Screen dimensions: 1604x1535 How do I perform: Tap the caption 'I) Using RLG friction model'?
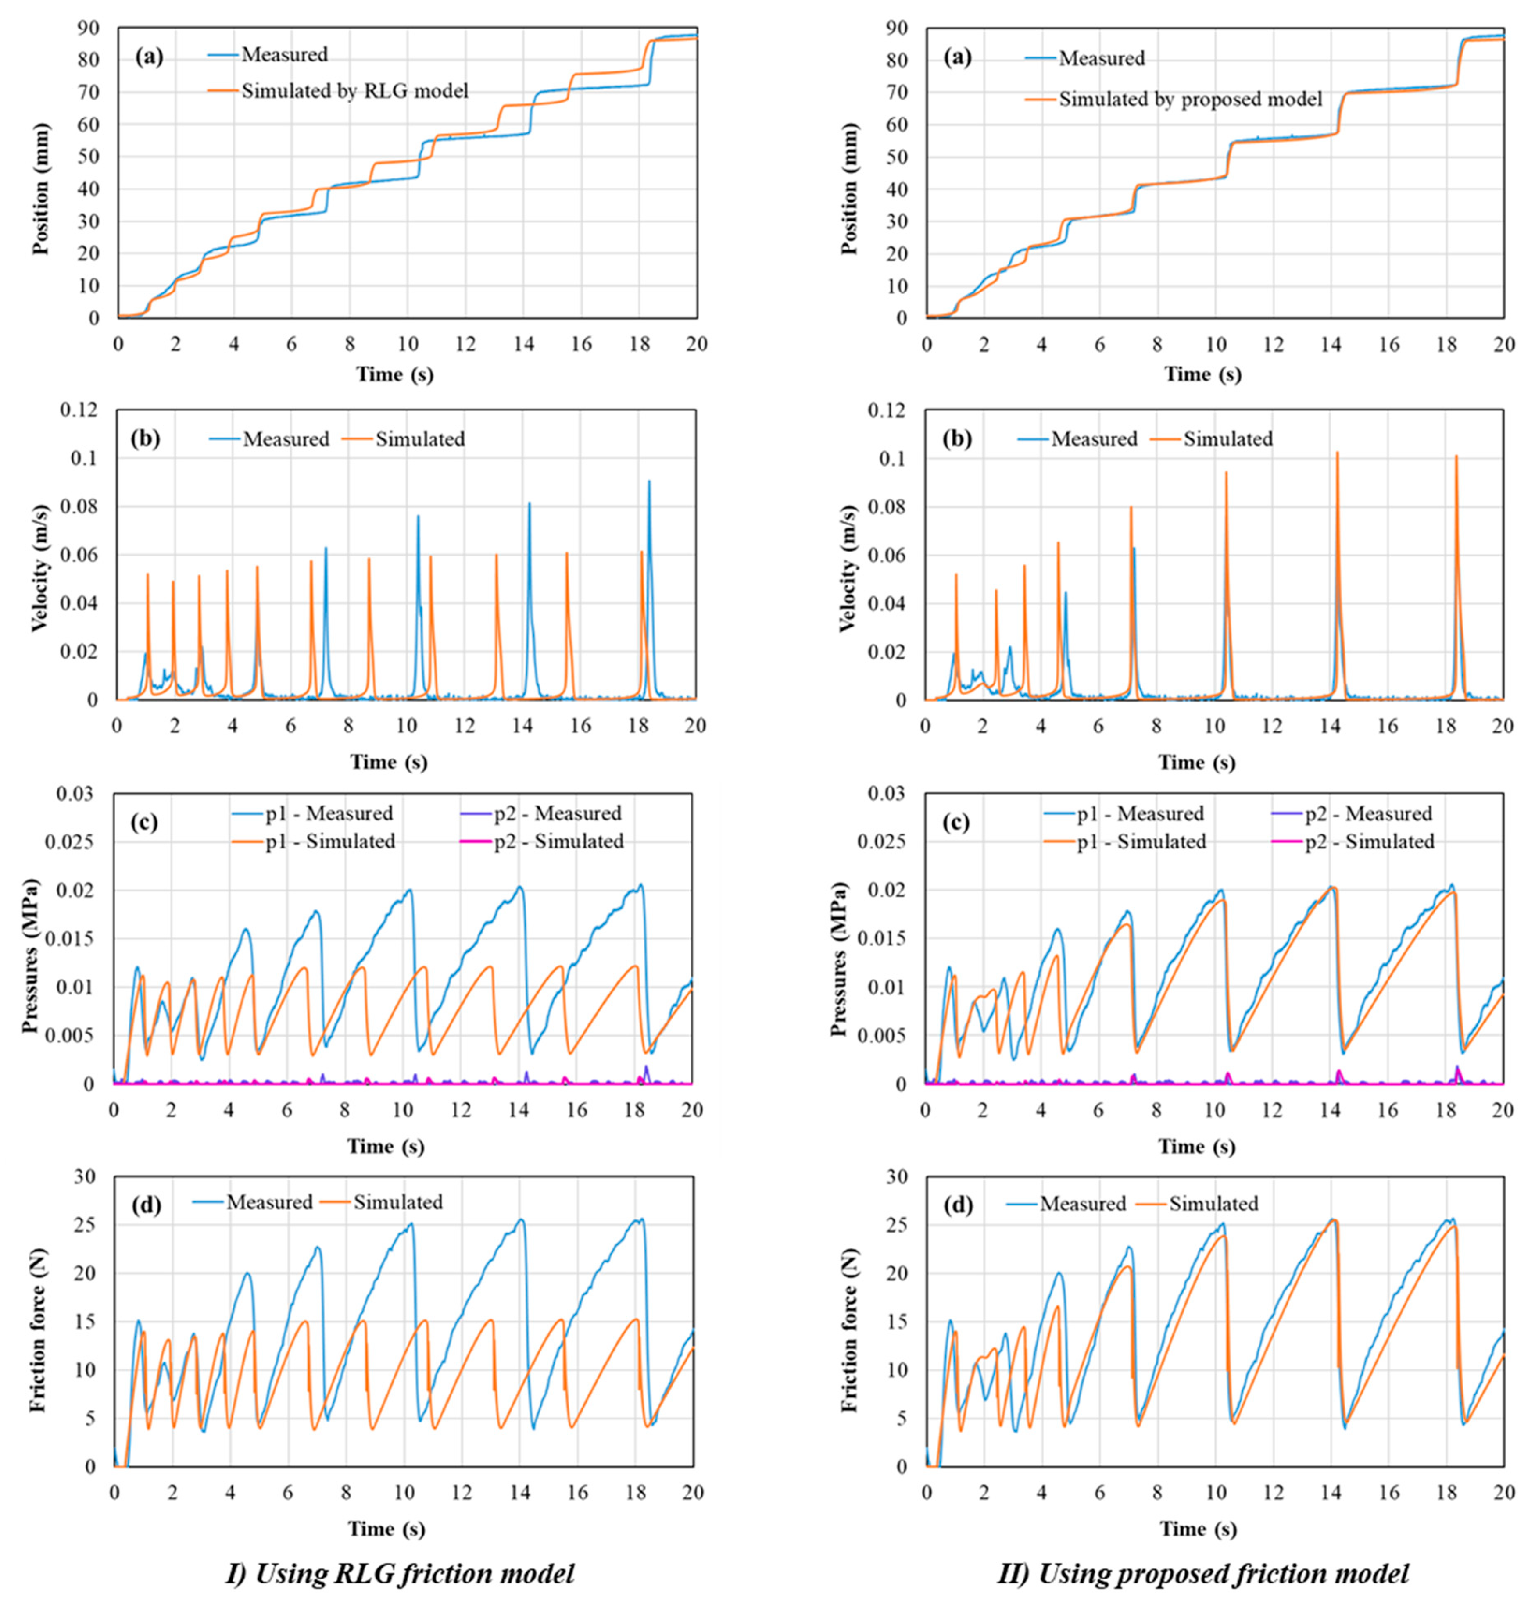(399, 1573)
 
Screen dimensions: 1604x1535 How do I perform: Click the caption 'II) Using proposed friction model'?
(1203, 1573)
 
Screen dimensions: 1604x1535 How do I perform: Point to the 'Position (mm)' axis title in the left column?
(41, 189)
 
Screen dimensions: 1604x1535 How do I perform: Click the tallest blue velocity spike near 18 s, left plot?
(649, 483)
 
